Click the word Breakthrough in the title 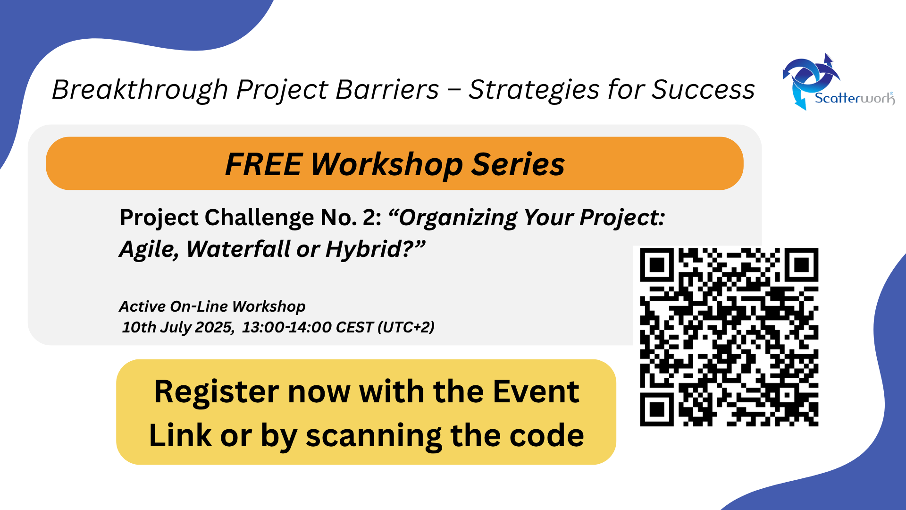[140, 90]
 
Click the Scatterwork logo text [855, 98]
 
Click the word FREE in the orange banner [263, 164]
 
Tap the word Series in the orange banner [518, 164]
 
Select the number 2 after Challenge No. [369, 218]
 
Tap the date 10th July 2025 [178, 327]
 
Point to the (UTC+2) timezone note [406, 327]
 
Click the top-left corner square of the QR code [657, 265]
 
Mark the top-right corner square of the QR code [802, 265]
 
